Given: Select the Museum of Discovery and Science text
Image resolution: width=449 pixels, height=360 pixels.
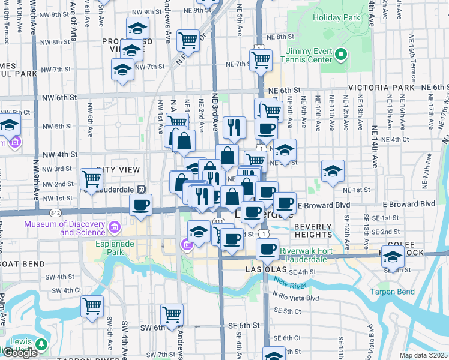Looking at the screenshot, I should tap(64, 229).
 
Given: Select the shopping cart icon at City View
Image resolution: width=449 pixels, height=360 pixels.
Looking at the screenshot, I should tap(92, 179).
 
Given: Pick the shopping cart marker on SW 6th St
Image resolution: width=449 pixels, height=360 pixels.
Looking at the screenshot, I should tap(172, 313).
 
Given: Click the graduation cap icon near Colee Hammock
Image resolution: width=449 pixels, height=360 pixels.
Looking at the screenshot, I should tap(393, 257).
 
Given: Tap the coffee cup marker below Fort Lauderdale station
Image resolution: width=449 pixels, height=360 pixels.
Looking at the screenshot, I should tap(141, 205).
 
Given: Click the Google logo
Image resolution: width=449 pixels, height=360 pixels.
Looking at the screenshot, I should tap(20, 353).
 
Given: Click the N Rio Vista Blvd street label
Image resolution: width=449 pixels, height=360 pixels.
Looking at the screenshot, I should tap(295, 297).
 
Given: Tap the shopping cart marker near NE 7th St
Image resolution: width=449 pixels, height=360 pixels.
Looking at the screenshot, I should tap(261, 59).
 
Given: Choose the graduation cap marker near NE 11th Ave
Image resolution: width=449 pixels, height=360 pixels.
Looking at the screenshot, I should tap(333, 172).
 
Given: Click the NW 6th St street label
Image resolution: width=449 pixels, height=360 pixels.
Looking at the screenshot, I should tap(59, 97).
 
